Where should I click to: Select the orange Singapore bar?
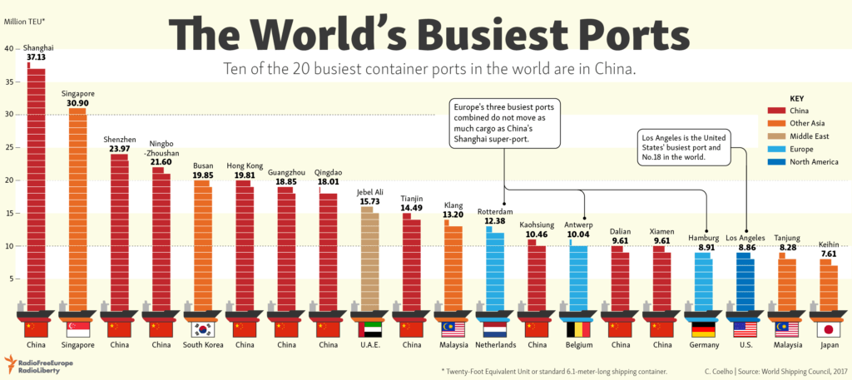[x=77, y=208]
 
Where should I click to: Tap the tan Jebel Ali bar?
[x=369, y=258]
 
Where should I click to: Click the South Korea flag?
[x=202, y=329]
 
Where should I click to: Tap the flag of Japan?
[x=829, y=329]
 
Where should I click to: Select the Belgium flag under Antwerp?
[x=578, y=329]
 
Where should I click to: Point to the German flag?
[x=703, y=329]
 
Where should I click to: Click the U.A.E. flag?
[x=369, y=329]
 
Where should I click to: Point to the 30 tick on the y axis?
[x=9, y=115]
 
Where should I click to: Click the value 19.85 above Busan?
[x=202, y=175]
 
